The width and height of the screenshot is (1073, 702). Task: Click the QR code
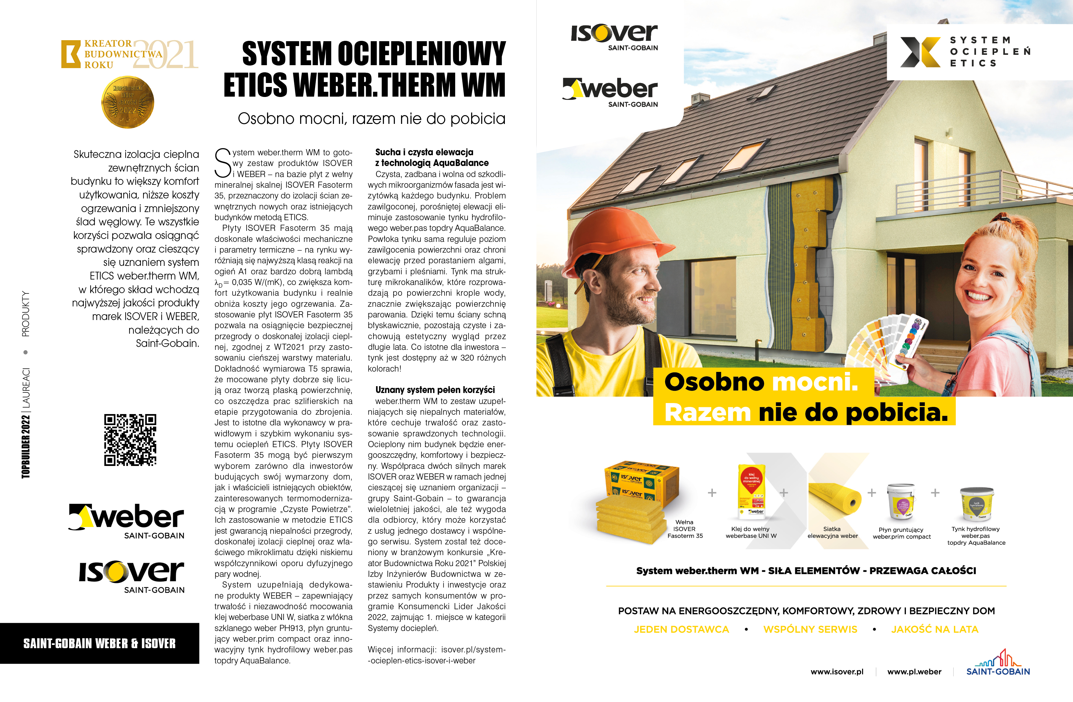(130, 440)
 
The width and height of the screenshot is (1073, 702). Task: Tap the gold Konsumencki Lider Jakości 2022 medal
(128, 102)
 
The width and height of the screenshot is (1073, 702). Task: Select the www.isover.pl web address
(837, 672)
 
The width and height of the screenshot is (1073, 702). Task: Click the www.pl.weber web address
(914, 672)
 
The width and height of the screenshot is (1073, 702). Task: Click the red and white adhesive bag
(751, 491)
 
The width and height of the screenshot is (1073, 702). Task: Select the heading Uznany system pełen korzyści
(435, 390)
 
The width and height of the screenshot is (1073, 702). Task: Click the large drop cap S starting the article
(223, 163)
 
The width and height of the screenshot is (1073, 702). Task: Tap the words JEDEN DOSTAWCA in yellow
(681, 629)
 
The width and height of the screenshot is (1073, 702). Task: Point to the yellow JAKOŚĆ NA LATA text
(934, 629)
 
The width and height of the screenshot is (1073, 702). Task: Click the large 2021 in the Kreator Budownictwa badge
(165, 54)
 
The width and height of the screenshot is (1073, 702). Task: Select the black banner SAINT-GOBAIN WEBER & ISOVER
(100, 643)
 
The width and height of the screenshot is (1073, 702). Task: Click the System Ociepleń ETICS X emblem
(920, 52)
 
